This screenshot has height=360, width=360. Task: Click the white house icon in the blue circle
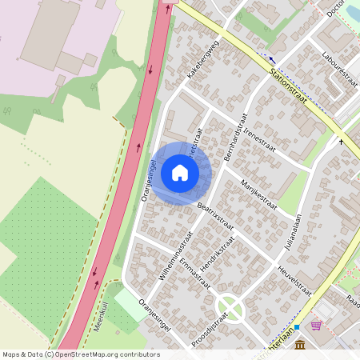[x=180, y=173]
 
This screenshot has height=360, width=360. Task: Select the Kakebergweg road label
[x=202, y=59]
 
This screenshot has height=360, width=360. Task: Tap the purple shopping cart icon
[x=316, y=326]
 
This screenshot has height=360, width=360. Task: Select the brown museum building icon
[x=299, y=344]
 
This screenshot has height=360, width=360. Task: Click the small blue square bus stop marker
[x=296, y=327]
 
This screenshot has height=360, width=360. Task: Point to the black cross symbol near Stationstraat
[x=342, y=142]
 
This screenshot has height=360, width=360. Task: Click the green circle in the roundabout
[x=228, y=306]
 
